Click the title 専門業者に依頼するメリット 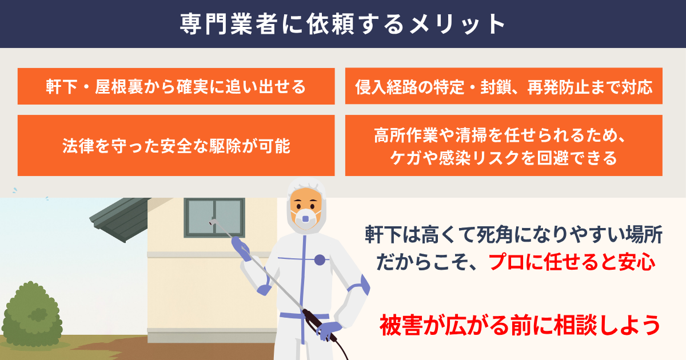tap(342, 24)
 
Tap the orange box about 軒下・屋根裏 tap(176, 86)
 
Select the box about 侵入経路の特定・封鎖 tap(504, 86)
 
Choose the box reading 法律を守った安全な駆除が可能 tap(176, 145)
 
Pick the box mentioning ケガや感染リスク tap(504, 145)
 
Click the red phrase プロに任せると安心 tap(572, 262)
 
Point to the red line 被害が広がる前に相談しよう tap(520, 325)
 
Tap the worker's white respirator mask tap(305, 218)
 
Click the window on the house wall tap(214, 218)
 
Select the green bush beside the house tap(32, 315)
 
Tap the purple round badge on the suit tap(320, 259)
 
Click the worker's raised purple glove tap(241, 248)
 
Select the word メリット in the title tap(458, 24)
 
